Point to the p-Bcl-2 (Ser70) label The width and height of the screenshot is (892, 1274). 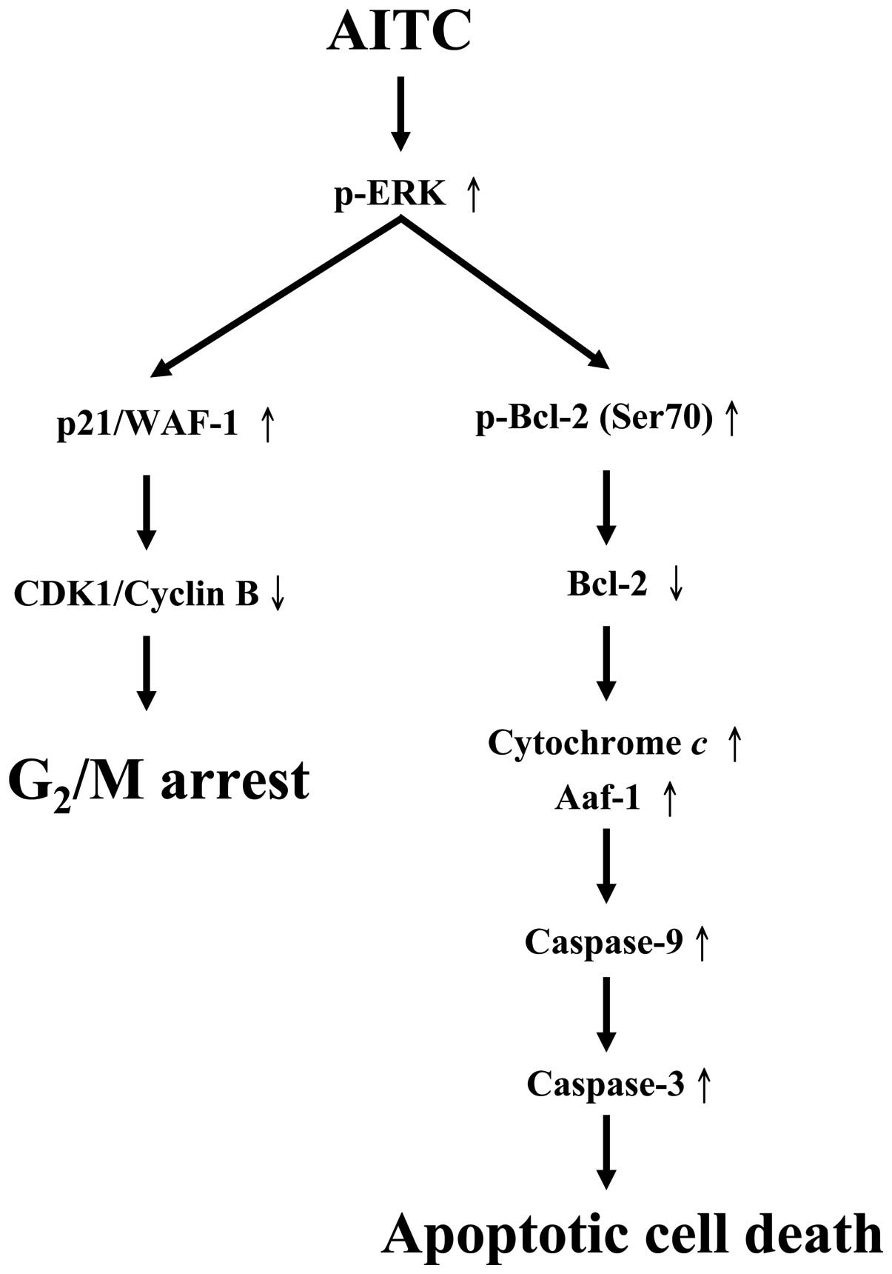tap(594, 418)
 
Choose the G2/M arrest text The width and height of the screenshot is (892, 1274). tap(158, 782)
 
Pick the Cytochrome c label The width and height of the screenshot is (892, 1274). tap(597, 743)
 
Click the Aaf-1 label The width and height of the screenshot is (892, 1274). tap(597, 799)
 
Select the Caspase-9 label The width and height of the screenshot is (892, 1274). tap(603, 942)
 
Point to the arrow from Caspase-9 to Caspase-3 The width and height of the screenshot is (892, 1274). tap(606, 1013)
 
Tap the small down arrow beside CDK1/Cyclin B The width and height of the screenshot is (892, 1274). tap(278, 595)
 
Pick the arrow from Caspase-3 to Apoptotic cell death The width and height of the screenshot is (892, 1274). tap(606, 1152)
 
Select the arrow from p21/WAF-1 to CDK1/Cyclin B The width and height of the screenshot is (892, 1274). tap(147, 511)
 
